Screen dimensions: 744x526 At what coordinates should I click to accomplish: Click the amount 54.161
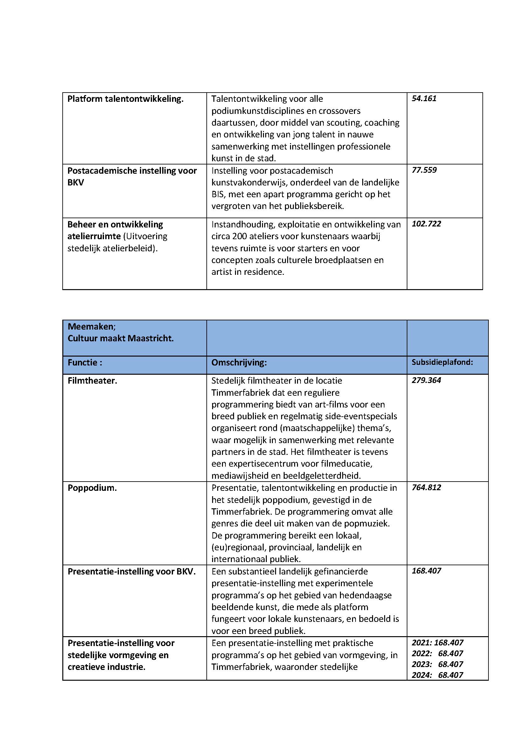424,99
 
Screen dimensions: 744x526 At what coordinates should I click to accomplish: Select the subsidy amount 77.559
424,170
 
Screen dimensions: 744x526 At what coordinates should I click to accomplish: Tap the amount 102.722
426,224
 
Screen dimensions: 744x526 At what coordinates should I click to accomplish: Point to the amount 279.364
426,380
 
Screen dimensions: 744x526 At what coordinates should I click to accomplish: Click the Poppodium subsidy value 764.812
426,487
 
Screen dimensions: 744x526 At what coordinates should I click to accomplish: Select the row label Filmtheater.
92,381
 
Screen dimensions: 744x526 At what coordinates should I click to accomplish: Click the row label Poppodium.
92,488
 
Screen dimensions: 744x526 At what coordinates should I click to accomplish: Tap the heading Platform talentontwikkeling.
125,99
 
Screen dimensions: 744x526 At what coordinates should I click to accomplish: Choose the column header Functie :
85,363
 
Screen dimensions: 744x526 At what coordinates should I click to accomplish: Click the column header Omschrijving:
239,363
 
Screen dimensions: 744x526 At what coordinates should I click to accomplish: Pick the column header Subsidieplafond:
442,362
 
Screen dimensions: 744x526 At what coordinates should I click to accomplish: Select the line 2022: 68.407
437,653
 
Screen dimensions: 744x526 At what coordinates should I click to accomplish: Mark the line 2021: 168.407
437,643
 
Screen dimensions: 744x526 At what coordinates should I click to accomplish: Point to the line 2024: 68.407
437,675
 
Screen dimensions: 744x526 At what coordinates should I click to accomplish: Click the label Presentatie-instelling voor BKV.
132,572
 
